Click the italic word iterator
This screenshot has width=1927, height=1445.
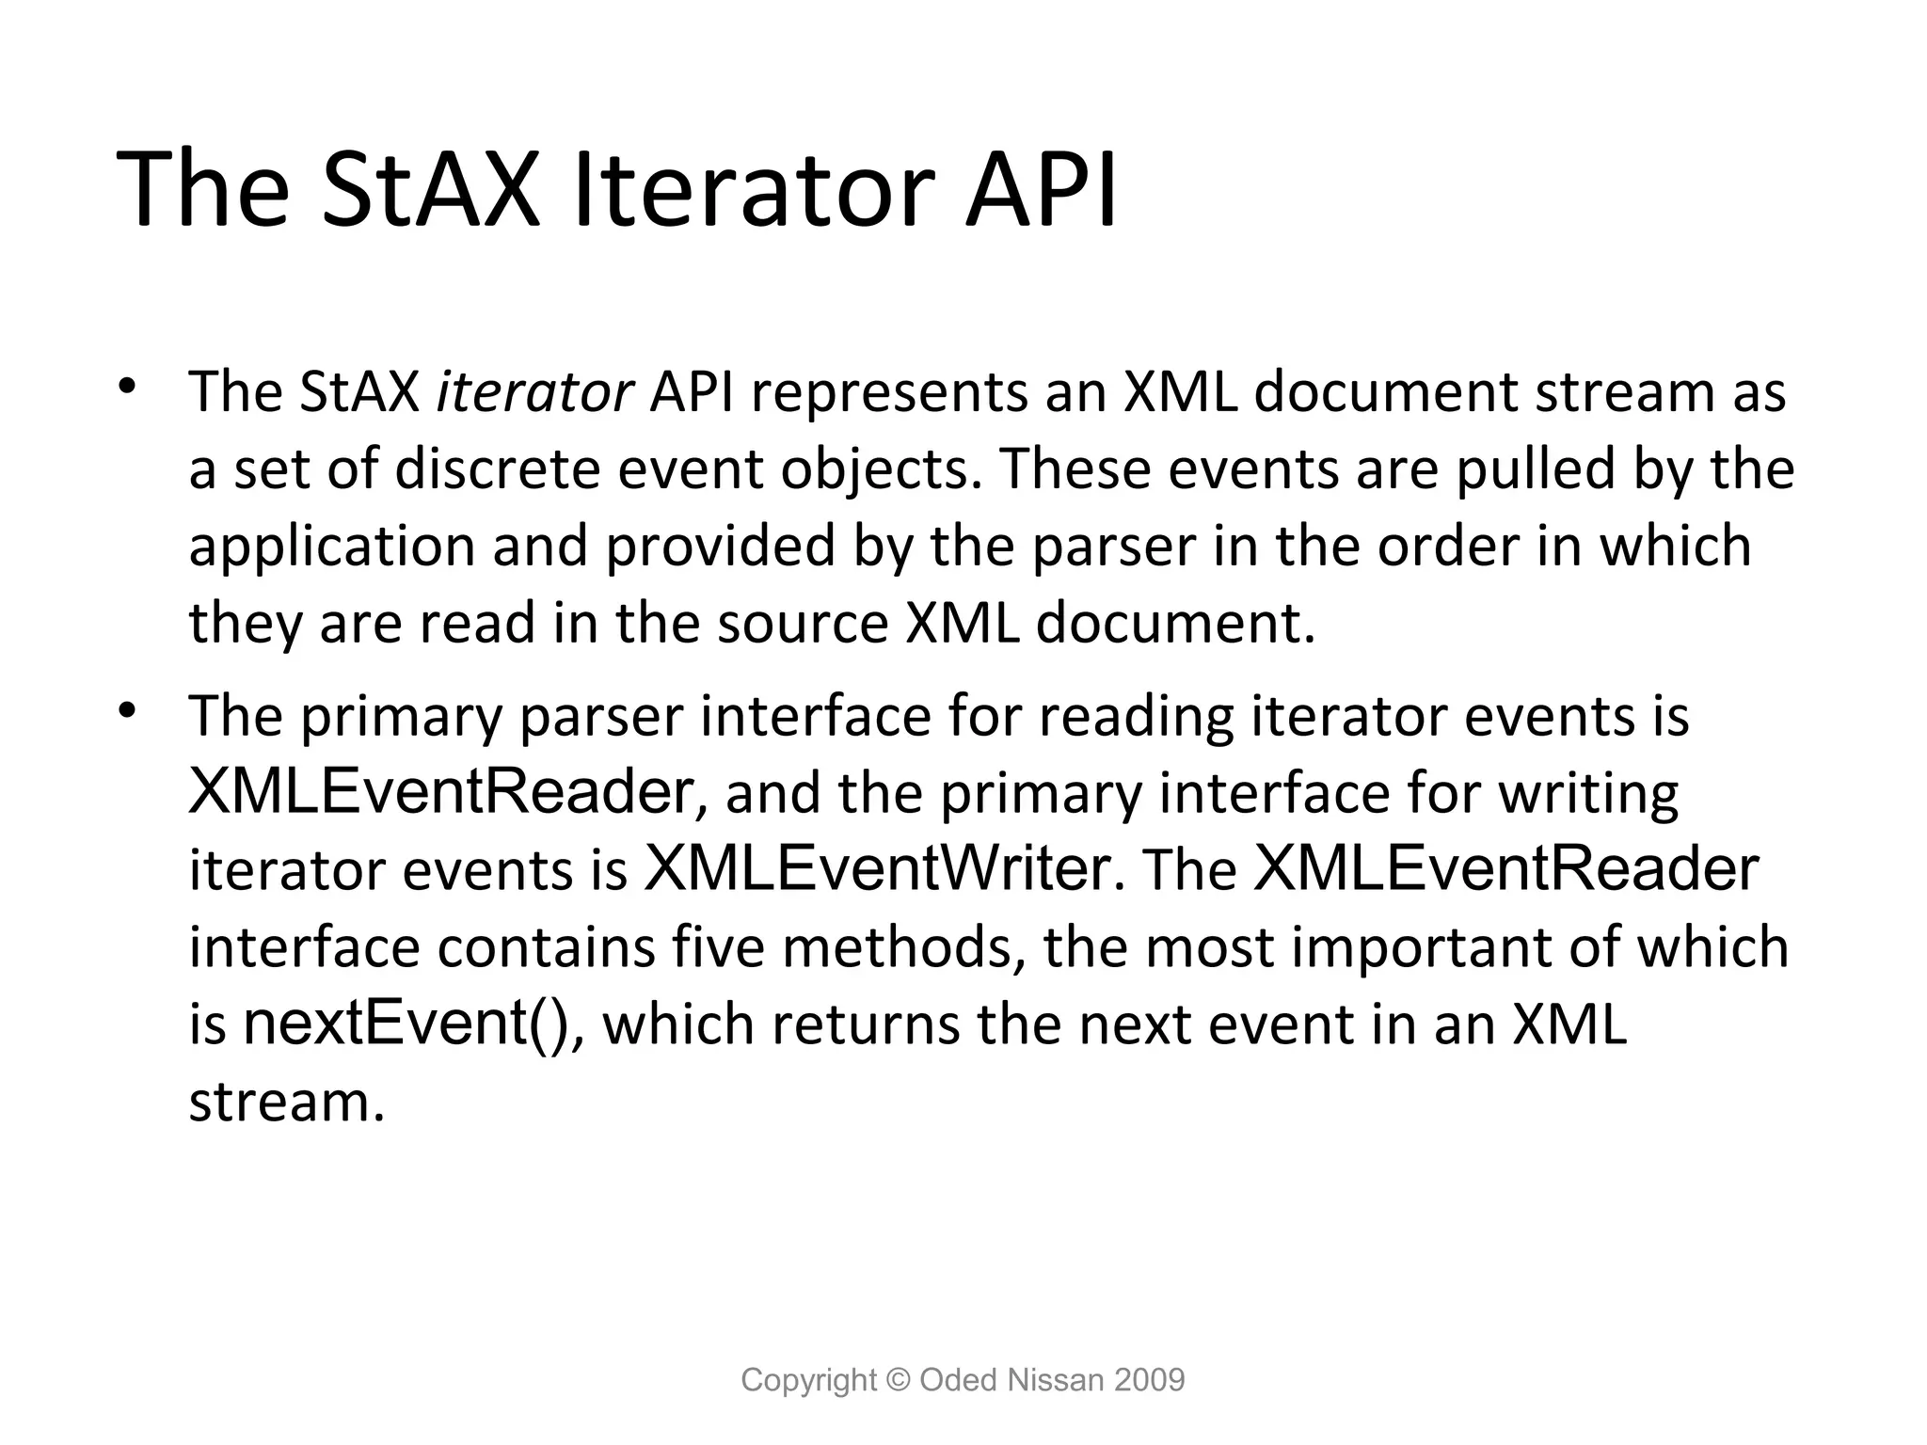pyautogui.click(x=534, y=392)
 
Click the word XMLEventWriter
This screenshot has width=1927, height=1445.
pyautogui.click(x=877, y=868)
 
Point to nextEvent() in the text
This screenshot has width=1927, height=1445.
pyautogui.click(x=406, y=1023)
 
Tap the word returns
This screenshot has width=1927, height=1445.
pyautogui.click(x=866, y=1024)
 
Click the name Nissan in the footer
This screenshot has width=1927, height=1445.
pyautogui.click(x=1056, y=1380)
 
